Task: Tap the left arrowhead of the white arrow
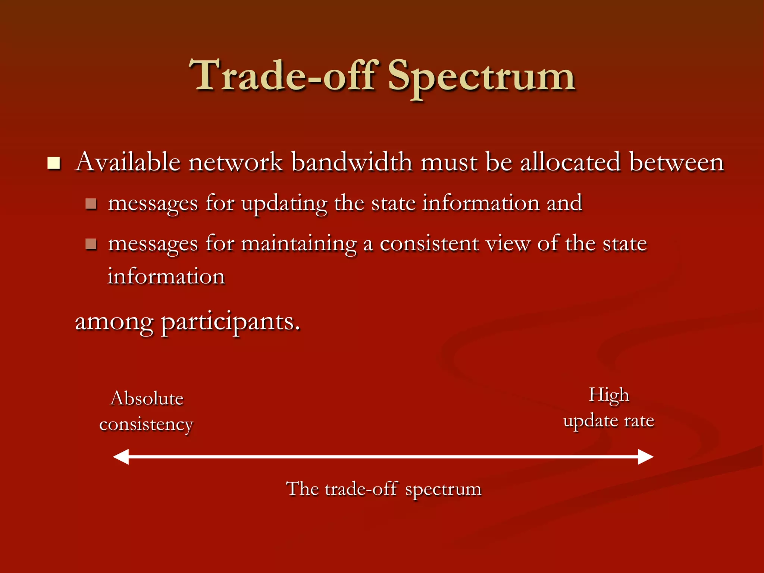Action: [x=121, y=457]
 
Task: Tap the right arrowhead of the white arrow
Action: [x=645, y=457]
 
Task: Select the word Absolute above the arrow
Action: [x=147, y=398]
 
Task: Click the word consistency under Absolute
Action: [x=146, y=425]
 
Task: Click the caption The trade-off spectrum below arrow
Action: [x=383, y=489]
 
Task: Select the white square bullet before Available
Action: [x=54, y=163]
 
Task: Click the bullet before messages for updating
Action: [x=91, y=204]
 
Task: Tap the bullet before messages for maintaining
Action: [x=91, y=244]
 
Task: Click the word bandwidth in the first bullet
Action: [x=351, y=162]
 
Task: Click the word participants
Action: [x=230, y=322]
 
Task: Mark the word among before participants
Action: [x=114, y=322]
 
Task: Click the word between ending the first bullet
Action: [x=676, y=162]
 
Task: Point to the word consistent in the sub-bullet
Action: [x=429, y=244]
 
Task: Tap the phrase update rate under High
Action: [x=609, y=421]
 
